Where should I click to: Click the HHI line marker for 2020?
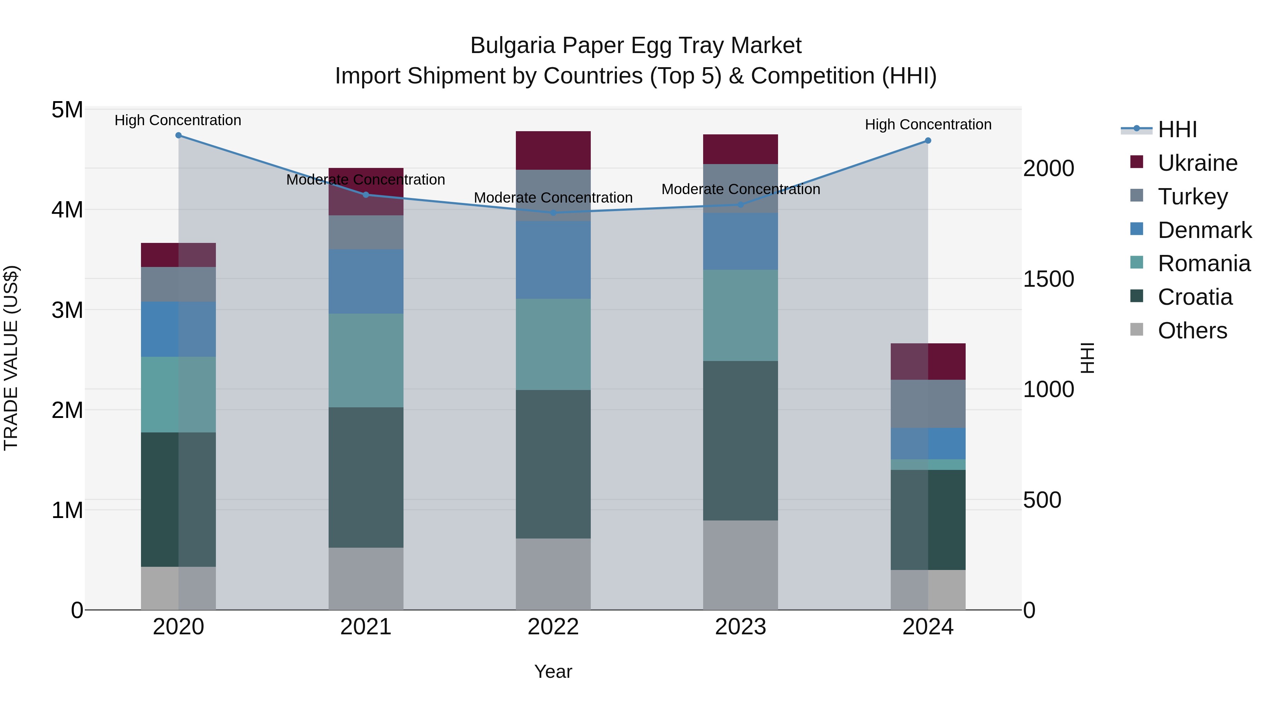178,135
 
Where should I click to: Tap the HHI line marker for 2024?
928,141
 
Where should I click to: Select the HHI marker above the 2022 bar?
553,213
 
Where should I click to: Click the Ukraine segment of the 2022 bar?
553,150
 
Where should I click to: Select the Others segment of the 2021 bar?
366,578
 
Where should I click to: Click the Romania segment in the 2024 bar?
928,465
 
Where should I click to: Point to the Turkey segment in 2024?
928,404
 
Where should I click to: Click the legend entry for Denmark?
1205,230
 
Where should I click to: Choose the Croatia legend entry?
1195,297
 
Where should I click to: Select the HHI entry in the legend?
1177,129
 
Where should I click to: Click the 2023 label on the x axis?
740,627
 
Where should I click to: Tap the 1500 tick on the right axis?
1048,279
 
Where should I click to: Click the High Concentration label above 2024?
928,124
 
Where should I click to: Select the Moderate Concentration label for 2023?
740,189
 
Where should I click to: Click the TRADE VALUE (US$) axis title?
11,358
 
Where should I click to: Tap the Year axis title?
553,671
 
